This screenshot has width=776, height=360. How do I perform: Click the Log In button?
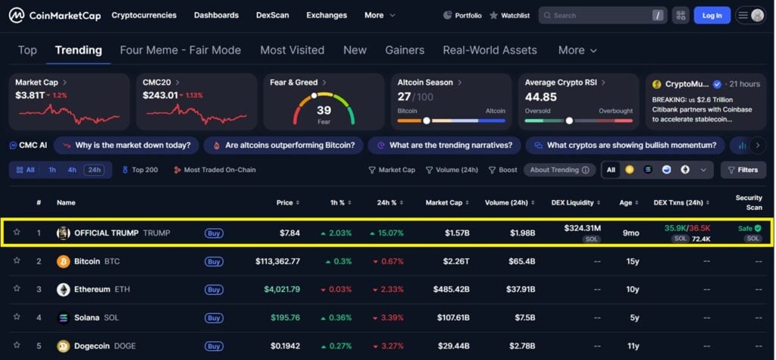(x=712, y=15)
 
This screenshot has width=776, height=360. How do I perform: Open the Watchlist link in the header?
(x=509, y=15)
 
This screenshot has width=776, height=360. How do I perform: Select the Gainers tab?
(x=405, y=50)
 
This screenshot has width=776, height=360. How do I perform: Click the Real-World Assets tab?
(x=490, y=50)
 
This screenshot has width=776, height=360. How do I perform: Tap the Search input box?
(x=599, y=15)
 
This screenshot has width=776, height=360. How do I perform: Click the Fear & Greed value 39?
(x=324, y=111)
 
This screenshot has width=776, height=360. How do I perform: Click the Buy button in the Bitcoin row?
(x=214, y=261)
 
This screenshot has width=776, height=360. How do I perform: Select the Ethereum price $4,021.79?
(x=282, y=290)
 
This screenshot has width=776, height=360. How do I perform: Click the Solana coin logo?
(x=64, y=318)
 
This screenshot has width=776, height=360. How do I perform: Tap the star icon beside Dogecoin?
(x=17, y=346)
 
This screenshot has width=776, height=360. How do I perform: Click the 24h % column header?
(x=389, y=202)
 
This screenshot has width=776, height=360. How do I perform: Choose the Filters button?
(x=743, y=170)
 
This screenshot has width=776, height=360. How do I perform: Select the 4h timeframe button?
(x=72, y=170)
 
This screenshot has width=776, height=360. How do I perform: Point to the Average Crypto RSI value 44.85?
(x=541, y=97)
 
